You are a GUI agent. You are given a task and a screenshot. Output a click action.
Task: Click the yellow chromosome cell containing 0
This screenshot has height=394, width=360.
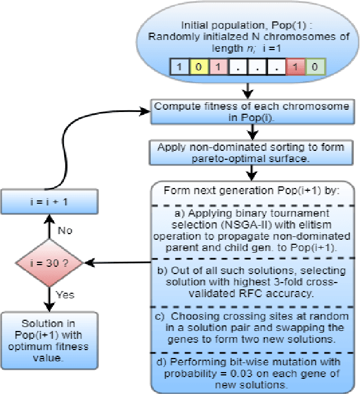[x=198, y=66]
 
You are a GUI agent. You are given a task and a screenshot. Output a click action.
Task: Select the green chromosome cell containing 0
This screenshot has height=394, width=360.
[x=316, y=66]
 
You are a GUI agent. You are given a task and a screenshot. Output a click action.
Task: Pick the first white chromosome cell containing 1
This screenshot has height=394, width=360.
[x=179, y=66]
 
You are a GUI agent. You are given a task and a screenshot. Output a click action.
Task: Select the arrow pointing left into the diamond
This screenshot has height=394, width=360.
[x=118, y=262]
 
